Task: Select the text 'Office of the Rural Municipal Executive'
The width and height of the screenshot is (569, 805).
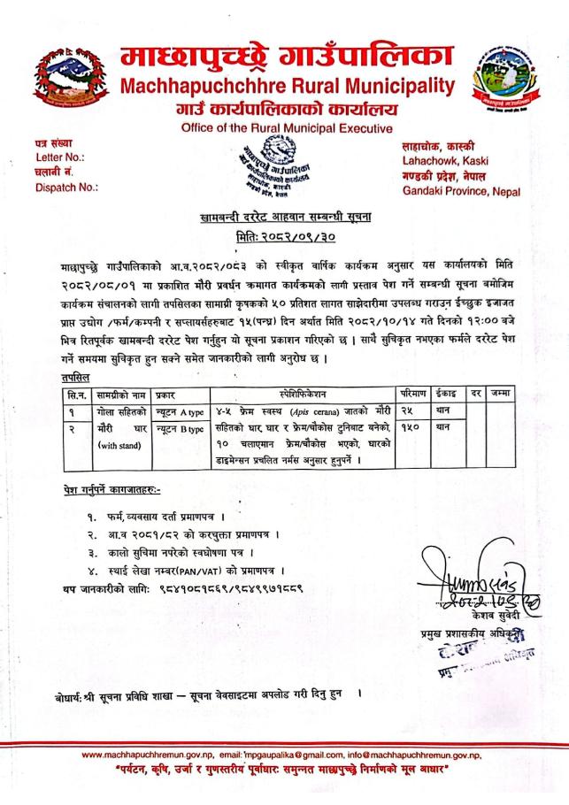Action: (285, 129)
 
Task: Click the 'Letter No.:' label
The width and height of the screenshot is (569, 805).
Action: (52, 157)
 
